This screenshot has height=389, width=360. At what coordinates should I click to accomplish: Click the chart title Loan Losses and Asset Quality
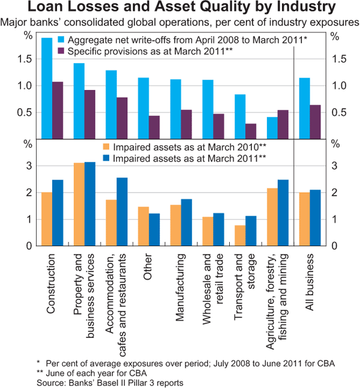click(x=179, y=9)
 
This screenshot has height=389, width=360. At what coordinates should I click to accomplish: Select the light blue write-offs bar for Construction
click(x=46, y=88)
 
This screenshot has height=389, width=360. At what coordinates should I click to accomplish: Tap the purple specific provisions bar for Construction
click(x=58, y=110)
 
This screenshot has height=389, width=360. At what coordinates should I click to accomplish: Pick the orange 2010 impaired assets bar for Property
click(x=79, y=204)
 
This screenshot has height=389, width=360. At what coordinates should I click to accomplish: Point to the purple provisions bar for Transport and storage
click(x=251, y=131)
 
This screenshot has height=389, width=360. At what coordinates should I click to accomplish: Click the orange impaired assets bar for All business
click(x=304, y=219)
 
